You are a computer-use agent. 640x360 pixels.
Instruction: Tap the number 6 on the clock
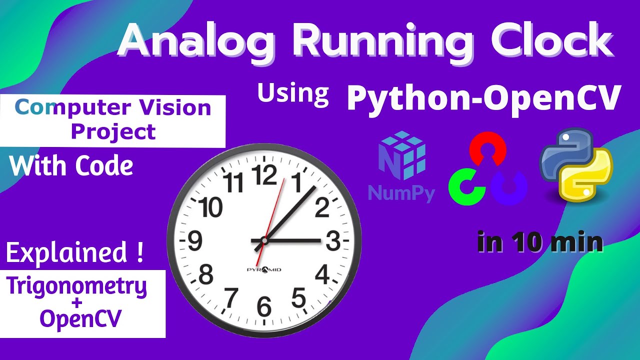pos(264,306)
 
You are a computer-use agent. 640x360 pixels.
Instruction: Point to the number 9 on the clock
pos(194,241)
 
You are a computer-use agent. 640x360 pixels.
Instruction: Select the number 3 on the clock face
pos(333,241)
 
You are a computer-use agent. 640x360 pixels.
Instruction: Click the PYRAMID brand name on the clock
pos(264,270)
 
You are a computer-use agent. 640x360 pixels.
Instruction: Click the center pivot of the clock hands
pos(264,241)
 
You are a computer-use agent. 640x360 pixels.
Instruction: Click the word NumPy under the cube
pos(401,193)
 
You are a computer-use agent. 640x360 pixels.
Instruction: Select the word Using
pos(293,93)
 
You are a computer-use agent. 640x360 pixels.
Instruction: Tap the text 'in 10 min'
pos(540,242)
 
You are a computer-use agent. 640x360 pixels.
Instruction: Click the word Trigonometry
pos(76,286)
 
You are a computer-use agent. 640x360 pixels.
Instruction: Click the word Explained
pos(68,253)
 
